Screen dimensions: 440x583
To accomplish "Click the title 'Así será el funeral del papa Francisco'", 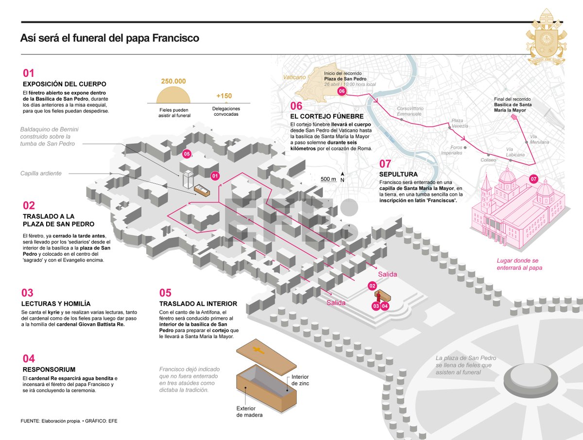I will click(x=110, y=38).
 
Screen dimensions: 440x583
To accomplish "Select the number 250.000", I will click(x=173, y=82).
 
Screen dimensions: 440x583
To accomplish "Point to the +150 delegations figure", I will click(x=224, y=95).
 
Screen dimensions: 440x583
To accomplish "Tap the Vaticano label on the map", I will click(x=295, y=77).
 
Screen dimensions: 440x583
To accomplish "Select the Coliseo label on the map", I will click(x=488, y=159).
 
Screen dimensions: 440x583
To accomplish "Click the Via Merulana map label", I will click(x=539, y=139).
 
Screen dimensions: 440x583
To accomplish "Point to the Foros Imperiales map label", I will click(x=451, y=150).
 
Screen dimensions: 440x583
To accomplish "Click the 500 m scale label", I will click(x=328, y=179).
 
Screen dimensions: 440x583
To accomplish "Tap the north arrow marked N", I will click(x=343, y=176).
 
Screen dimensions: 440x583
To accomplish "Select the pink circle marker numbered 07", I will click(x=533, y=179).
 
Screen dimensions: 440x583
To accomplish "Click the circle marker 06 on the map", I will click(x=342, y=91).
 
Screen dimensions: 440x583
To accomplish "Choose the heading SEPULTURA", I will click(x=398, y=174).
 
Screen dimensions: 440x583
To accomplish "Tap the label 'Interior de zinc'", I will click(x=300, y=380).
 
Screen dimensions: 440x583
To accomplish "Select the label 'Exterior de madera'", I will click(x=250, y=411).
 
